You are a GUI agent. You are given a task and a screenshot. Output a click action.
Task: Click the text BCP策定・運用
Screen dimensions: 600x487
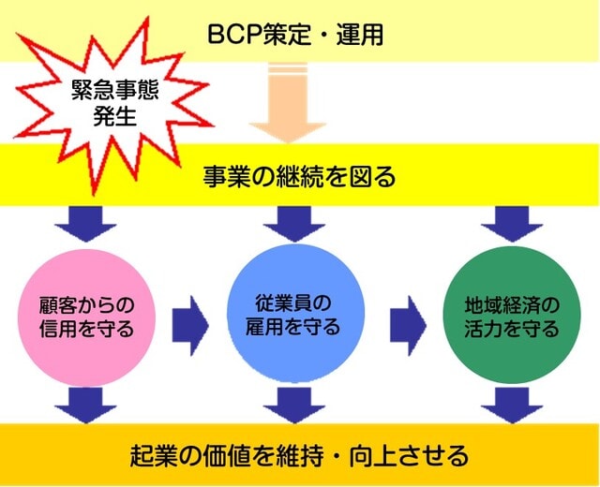[x=295, y=35]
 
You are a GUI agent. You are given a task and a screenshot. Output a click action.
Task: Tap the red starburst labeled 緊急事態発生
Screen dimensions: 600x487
[x=113, y=105]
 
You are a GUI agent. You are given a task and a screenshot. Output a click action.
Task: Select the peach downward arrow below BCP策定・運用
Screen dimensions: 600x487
[x=288, y=103]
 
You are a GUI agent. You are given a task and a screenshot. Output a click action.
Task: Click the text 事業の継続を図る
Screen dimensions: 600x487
[x=299, y=177]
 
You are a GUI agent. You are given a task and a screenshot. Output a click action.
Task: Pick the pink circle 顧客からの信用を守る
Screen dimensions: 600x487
[x=87, y=317]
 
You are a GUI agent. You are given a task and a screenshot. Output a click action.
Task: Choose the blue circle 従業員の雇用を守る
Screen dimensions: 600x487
[x=295, y=314]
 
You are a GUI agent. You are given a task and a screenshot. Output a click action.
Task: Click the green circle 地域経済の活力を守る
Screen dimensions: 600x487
[x=512, y=316]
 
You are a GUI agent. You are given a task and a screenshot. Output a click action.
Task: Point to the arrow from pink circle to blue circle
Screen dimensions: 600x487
[x=190, y=326]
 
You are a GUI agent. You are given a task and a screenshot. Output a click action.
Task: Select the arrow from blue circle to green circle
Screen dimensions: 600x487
[x=409, y=326]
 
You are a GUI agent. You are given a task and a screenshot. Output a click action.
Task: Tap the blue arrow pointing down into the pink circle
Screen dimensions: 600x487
[x=85, y=224]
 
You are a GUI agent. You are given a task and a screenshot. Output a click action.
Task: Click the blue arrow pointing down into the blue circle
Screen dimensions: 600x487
[x=294, y=224]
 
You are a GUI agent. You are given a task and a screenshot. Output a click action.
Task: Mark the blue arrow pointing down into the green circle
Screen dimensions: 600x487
[x=512, y=224]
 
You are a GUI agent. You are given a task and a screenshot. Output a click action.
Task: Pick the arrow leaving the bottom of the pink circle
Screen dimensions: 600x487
[x=85, y=406]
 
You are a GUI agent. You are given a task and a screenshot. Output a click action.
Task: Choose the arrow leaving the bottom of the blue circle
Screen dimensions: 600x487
[x=294, y=406]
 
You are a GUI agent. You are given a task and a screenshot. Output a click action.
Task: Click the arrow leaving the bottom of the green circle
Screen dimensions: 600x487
[x=512, y=406]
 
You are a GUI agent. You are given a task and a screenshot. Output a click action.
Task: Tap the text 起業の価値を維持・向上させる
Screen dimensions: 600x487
[x=299, y=455]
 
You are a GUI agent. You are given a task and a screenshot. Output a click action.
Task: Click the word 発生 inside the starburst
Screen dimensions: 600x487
[x=114, y=115]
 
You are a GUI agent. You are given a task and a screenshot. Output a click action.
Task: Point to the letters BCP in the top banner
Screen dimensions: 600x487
[x=235, y=36]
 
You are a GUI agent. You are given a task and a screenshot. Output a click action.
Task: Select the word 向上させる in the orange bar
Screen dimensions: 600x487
[x=409, y=455]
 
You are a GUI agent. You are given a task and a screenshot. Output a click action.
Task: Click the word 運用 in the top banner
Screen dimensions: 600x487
[x=360, y=35]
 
